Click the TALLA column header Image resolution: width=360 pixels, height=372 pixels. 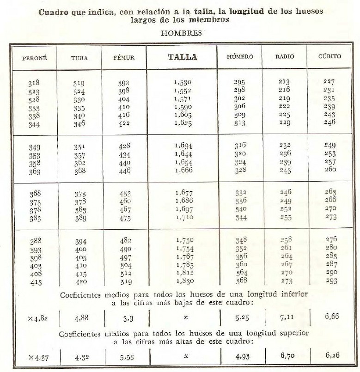point(182,57)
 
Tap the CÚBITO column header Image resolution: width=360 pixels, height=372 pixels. point(329,57)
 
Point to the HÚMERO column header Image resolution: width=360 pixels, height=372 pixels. point(240,57)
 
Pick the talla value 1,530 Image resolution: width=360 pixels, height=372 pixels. point(183,82)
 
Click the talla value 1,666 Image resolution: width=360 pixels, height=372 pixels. point(183,170)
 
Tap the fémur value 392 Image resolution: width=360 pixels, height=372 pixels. point(124,84)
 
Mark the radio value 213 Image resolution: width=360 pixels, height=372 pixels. point(284,82)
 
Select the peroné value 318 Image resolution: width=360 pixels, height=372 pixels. point(34,84)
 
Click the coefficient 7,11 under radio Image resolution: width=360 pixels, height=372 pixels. point(284,317)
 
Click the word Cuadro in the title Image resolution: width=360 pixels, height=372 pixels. point(53,11)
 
